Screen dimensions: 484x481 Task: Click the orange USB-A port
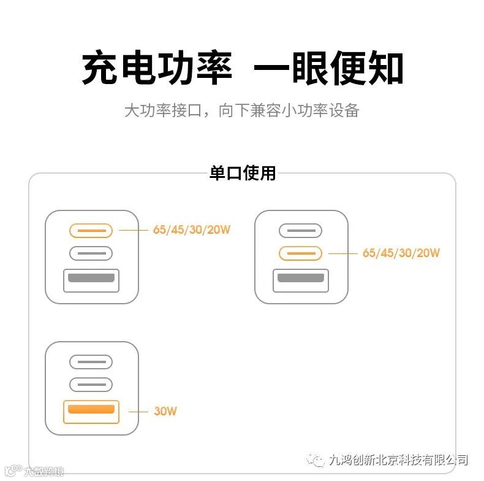click(91, 411)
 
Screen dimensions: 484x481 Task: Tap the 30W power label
click(165, 411)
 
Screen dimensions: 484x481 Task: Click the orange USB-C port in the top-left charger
click(91, 231)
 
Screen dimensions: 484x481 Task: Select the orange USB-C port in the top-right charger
click(300, 253)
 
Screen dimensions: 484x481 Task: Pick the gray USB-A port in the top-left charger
click(91, 280)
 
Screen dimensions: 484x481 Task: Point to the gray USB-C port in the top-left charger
click(91, 253)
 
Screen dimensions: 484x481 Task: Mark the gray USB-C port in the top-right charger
click(300, 231)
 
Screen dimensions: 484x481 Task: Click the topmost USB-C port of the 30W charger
click(91, 362)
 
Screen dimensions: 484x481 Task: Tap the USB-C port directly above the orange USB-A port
click(91, 385)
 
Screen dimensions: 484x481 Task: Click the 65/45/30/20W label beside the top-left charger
click(192, 230)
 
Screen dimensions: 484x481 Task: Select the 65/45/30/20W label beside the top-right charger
click(401, 253)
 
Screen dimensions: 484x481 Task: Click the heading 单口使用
click(243, 173)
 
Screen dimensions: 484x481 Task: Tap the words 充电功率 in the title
click(157, 69)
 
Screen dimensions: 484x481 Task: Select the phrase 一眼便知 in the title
click(328, 69)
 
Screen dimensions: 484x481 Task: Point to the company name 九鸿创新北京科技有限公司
click(398, 460)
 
